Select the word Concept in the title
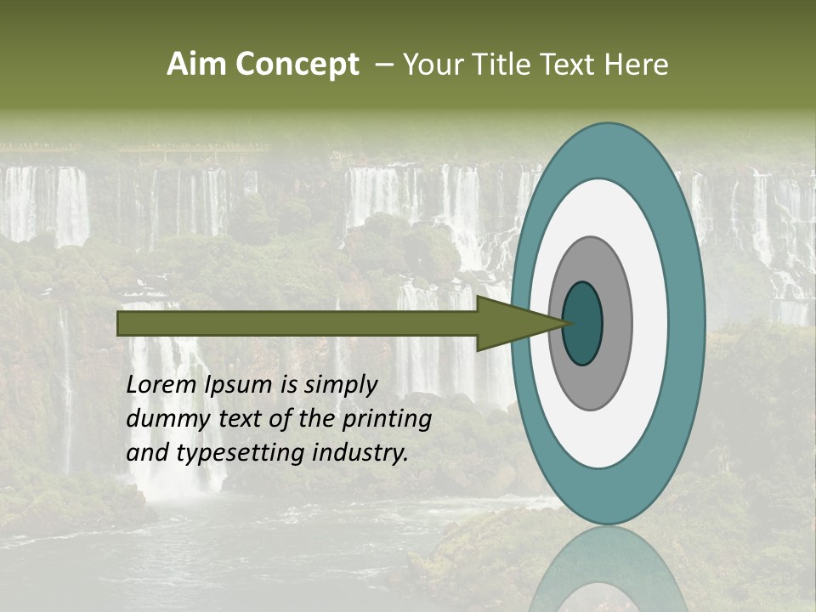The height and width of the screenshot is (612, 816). [297, 64]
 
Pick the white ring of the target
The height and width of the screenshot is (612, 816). [649, 324]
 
